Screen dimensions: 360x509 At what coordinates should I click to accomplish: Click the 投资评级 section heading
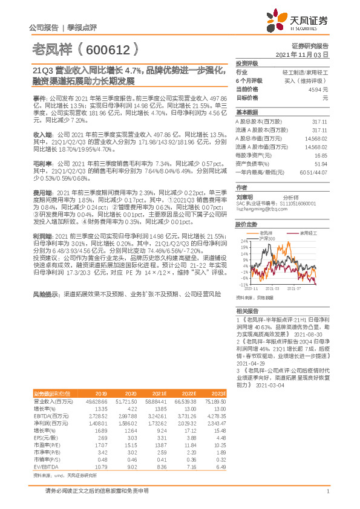(247, 63)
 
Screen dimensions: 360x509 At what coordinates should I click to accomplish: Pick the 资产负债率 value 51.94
(321, 163)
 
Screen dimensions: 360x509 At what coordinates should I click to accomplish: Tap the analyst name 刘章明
(243, 196)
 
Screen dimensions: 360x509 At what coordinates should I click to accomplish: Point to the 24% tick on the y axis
(243, 241)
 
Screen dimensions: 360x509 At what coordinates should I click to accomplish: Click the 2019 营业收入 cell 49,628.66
(96, 401)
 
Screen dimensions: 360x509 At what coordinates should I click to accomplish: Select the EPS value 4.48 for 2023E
(218, 438)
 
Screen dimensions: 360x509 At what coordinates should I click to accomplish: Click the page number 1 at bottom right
(327, 492)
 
